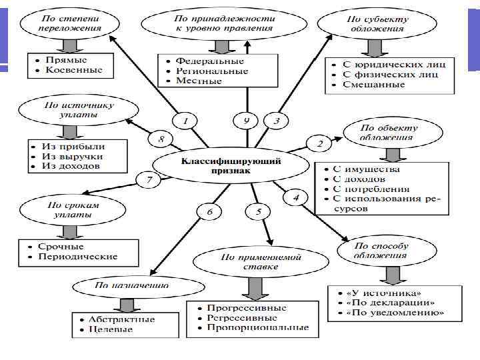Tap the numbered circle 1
185,121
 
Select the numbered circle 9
246,121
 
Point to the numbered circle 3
277,121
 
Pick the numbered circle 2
319,143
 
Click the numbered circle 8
161,139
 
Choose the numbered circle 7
149,179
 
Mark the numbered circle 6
209,212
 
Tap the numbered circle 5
257,212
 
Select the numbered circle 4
296,197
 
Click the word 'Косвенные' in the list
74,70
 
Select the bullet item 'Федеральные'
207,60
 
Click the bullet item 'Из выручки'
70,155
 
